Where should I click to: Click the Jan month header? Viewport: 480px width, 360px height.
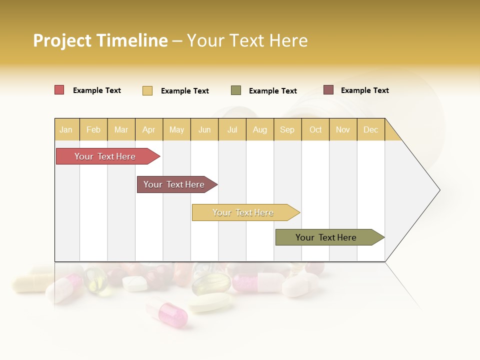click(x=66, y=129)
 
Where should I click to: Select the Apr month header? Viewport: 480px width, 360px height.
click(x=148, y=129)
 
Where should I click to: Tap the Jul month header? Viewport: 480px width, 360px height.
click(x=232, y=129)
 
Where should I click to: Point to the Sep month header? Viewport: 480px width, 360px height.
click(x=287, y=129)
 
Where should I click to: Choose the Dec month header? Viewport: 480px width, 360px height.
click(x=370, y=129)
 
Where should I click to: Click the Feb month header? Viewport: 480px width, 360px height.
click(x=93, y=129)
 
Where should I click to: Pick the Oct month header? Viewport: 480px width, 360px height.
click(x=315, y=129)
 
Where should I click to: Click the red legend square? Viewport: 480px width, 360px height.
click(x=59, y=90)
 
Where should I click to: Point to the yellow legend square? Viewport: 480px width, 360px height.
click(x=147, y=90)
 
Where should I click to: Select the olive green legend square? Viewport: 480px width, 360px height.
click(x=236, y=90)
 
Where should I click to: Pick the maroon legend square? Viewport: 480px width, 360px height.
click(x=328, y=90)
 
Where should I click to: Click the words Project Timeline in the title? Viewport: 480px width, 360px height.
click(x=100, y=40)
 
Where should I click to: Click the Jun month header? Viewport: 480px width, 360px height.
click(x=204, y=129)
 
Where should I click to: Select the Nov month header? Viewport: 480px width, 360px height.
click(x=343, y=129)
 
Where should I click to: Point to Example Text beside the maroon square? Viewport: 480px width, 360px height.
click(x=365, y=90)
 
